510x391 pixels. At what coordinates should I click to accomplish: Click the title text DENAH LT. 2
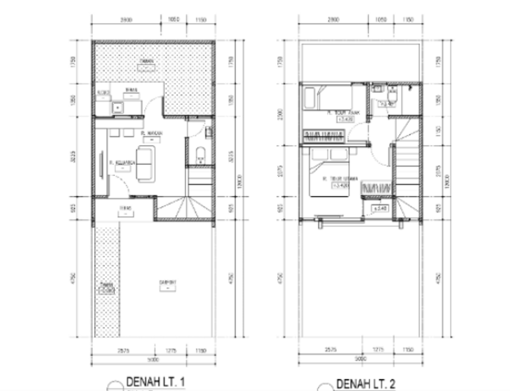click(x=367, y=384)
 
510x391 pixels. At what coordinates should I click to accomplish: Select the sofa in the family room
click(x=145, y=164)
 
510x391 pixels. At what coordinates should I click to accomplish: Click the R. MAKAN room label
click(x=150, y=133)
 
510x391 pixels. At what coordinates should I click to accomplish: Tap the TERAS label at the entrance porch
click(x=126, y=208)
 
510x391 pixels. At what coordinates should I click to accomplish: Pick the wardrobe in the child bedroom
click(x=324, y=134)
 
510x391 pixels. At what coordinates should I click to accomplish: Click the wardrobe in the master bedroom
click(x=378, y=188)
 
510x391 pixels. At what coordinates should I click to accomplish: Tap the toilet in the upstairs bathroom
click(x=392, y=94)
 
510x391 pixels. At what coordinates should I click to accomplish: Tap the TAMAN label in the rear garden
click(x=146, y=61)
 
